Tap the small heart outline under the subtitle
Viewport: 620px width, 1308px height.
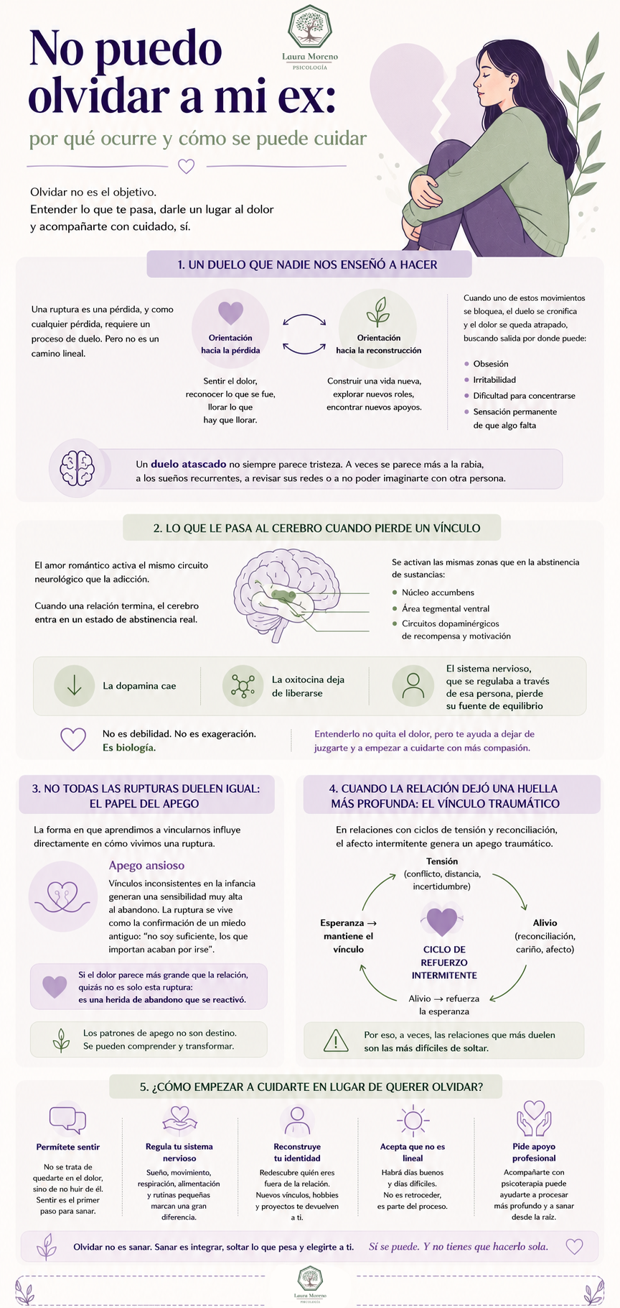click(186, 166)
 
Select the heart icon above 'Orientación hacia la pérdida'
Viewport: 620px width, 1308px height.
click(230, 312)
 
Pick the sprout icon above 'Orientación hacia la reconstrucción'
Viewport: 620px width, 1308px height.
click(378, 312)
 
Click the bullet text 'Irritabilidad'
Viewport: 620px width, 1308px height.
click(494, 380)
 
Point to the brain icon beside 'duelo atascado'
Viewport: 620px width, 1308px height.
click(77, 468)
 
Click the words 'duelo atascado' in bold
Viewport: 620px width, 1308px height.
click(188, 464)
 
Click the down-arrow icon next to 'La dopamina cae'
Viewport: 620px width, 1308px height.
click(75, 685)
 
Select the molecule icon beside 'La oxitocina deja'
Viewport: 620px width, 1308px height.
click(243, 686)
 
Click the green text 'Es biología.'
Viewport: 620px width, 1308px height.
click(129, 748)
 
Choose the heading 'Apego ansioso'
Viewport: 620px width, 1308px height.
click(146, 866)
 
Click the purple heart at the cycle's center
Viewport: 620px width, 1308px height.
click(443, 922)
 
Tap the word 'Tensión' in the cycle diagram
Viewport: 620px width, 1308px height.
click(442, 861)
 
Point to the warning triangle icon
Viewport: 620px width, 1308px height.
click(335, 1041)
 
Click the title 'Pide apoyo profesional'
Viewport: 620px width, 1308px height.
click(534, 1152)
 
